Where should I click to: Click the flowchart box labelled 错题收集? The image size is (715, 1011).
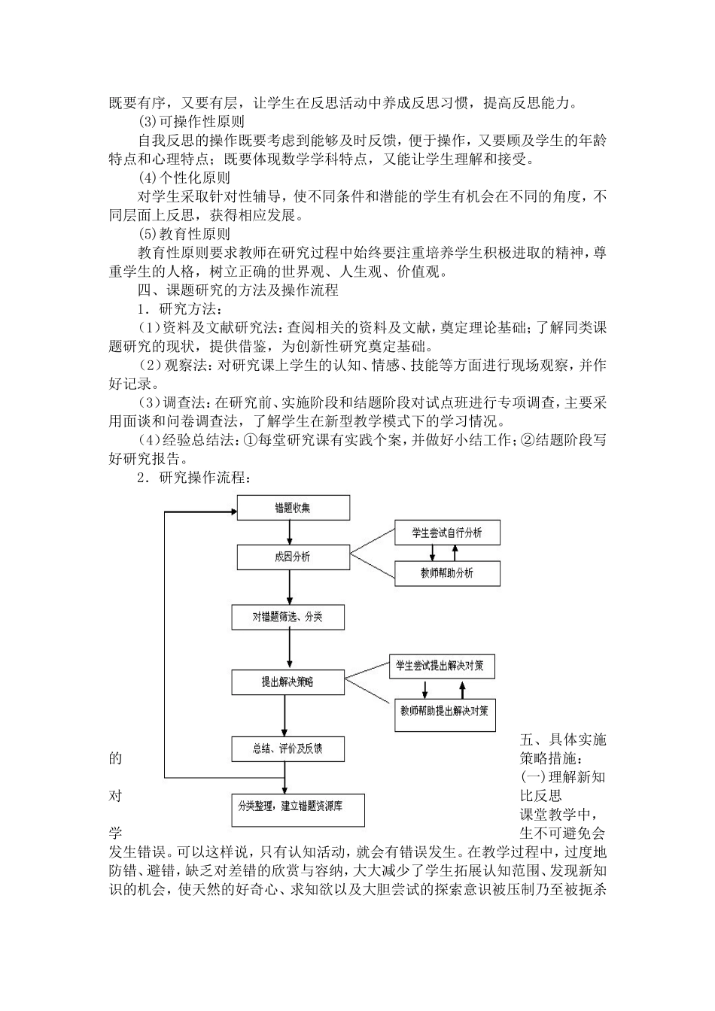[x=293, y=508]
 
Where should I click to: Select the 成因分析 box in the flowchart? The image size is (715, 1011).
[x=293, y=557]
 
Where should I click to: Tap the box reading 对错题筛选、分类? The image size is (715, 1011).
[x=288, y=618]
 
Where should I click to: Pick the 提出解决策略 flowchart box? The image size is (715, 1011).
[x=288, y=682]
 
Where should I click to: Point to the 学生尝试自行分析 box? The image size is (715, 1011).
[x=447, y=533]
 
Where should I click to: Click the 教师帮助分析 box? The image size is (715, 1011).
[x=447, y=573]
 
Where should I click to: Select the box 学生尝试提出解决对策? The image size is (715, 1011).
[x=441, y=666]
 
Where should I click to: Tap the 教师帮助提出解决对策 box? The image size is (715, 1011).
[x=445, y=709]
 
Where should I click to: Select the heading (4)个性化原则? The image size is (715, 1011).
[x=185, y=178]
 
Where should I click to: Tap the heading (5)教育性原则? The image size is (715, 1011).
[x=185, y=235]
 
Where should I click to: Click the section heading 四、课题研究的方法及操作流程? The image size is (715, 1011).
[x=237, y=290]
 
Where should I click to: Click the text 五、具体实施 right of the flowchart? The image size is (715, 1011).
[x=562, y=739]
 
